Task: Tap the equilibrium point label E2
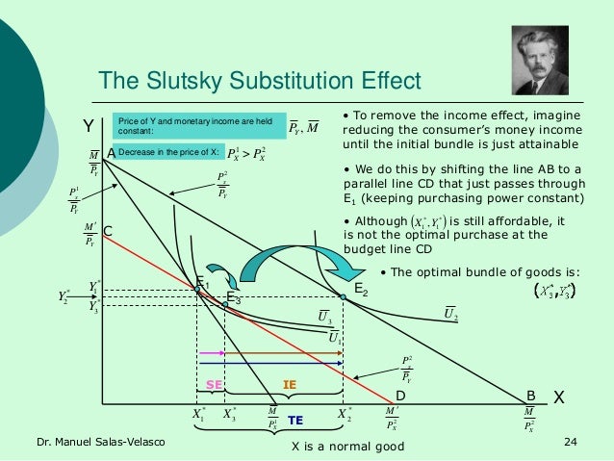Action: (361, 288)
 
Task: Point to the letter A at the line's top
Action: (111, 153)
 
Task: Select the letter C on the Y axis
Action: (108, 231)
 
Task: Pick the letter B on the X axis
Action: (530, 395)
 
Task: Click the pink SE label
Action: (215, 385)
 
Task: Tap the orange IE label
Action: (288, 385)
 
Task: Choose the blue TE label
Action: (295, 421)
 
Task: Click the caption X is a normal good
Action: (347, 447)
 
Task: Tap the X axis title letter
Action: (558, 397)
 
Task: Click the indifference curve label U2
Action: (449, 312)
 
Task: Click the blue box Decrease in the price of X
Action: (166, 153)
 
